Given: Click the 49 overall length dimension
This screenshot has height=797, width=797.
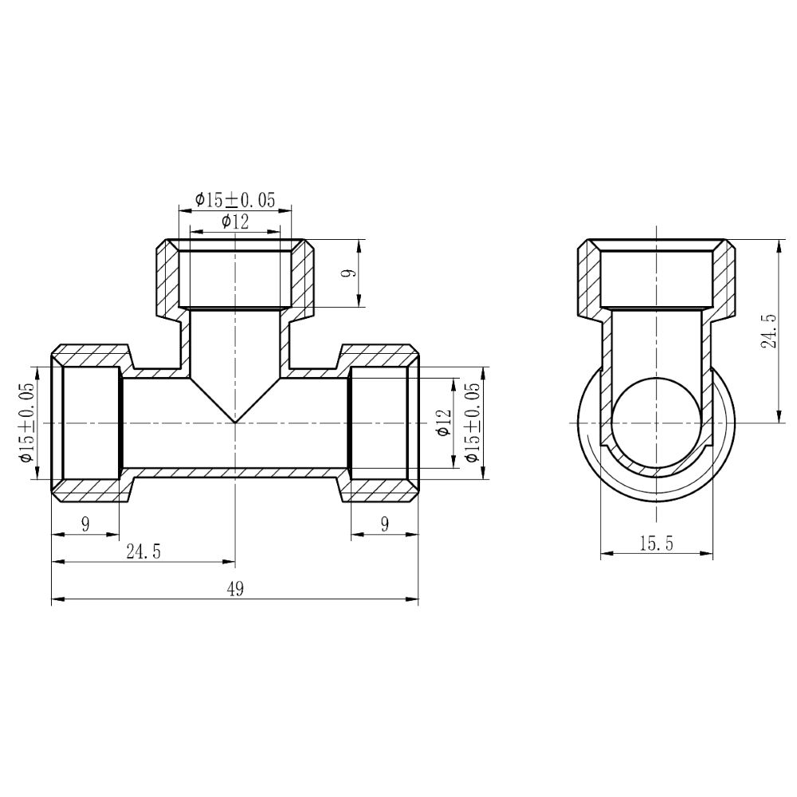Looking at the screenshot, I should (x=234, y=590).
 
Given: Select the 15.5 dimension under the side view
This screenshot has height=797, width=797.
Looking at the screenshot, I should (x=656, y=544).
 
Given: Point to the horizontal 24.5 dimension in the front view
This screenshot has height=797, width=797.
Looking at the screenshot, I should (x=144, y=552).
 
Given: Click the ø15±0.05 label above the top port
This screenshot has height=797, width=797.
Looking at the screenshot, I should (x=234, y=200).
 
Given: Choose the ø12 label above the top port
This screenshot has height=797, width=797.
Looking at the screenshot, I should (x=234, y=222).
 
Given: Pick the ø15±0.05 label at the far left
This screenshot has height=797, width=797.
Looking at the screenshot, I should (x=26, y=422).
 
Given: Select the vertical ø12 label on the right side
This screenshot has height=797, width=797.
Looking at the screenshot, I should (x=444, y=422).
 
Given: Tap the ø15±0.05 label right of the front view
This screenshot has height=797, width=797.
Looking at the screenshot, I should (x=473, y=422).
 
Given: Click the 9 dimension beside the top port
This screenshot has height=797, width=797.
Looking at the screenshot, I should (x=348, y=273).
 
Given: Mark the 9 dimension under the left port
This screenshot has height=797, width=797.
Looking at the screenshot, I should (x=85, y=524).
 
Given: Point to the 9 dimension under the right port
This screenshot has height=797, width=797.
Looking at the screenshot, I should (x=384, y=524).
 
